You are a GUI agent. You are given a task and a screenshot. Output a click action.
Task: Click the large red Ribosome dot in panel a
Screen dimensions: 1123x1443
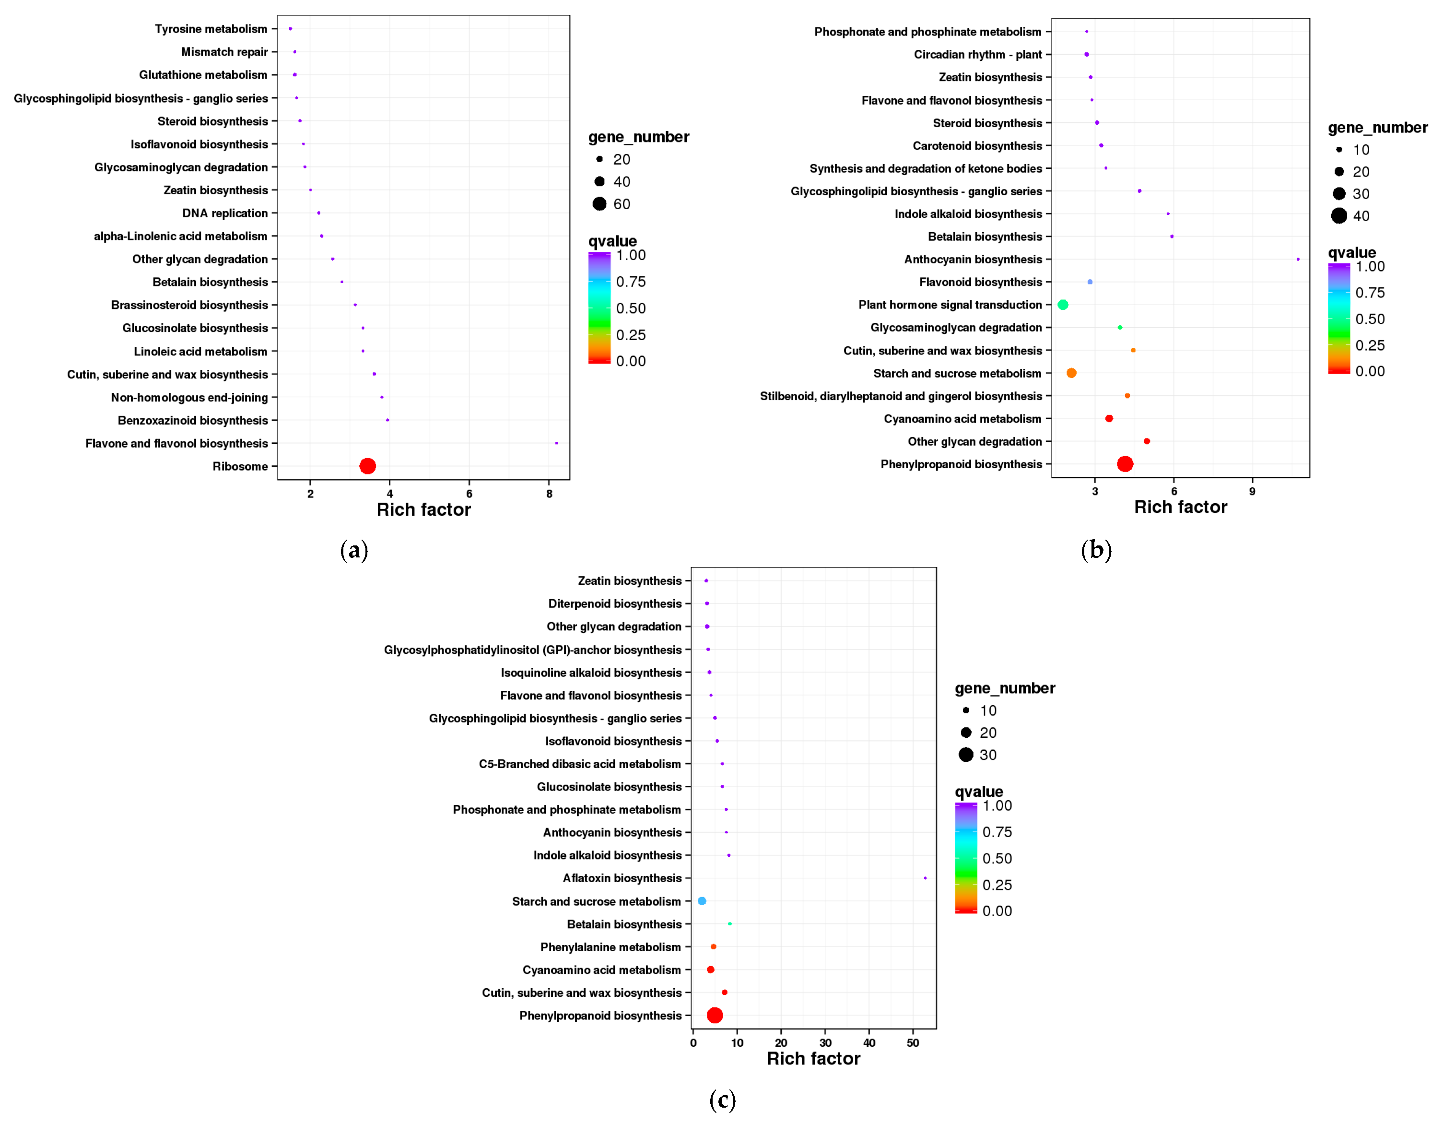click(367, 466)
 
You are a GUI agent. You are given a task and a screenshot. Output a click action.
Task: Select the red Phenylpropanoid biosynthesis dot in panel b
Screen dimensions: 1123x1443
click(1125, 464)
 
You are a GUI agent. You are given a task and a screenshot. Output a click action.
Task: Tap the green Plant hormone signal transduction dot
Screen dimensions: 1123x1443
click(1062, 305)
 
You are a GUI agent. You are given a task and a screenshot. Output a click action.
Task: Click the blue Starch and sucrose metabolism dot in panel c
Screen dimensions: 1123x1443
click(702, 901)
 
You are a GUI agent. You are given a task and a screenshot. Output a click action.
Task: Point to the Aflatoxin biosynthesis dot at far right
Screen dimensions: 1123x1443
click(925, 878)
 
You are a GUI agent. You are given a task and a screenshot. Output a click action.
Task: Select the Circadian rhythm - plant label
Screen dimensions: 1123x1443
click(977, 54)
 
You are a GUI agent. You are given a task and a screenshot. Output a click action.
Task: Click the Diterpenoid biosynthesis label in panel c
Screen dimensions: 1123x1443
click(614, 603)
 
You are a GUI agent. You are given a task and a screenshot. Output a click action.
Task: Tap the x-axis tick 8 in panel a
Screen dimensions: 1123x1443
click(549, 494)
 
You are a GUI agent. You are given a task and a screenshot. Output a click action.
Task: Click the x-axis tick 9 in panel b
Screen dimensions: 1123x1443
click(1252, 491)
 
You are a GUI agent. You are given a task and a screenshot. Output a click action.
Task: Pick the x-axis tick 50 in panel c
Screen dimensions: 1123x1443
click(913, 1043)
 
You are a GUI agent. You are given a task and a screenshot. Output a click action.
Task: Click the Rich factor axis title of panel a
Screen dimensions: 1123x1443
click(423, 509)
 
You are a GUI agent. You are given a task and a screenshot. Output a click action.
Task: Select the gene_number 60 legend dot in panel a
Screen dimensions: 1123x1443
click(599, 203)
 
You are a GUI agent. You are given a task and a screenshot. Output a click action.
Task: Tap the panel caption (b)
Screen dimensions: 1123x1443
click(1096, 549)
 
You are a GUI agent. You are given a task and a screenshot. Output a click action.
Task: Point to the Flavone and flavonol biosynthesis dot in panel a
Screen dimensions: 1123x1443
click(556, 443)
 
